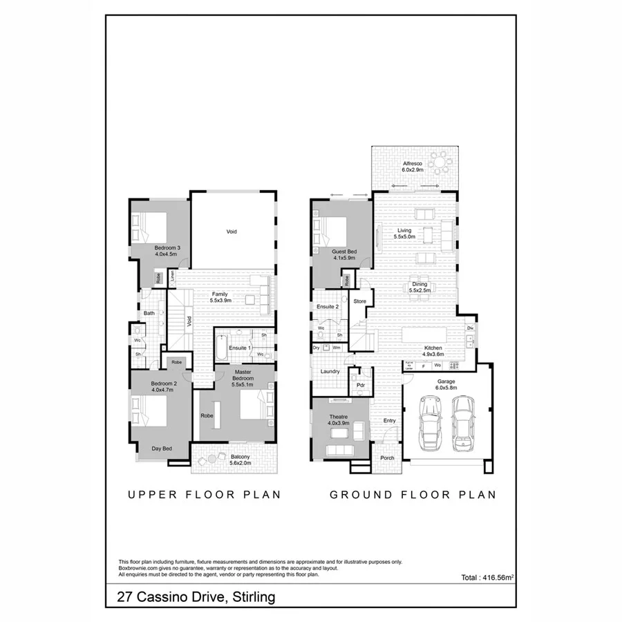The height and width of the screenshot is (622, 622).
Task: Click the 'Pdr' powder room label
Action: point(360,386)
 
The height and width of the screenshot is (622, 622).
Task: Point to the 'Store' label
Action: point(360,301)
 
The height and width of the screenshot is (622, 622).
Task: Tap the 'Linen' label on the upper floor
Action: point(172,276)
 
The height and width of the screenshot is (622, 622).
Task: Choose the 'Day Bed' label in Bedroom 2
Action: point(162,449)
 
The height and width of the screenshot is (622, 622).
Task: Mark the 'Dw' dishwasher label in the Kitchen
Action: point(470,328)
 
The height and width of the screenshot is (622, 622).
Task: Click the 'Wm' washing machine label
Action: point(336,348)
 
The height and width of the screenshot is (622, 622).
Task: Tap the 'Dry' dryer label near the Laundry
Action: point(317,348)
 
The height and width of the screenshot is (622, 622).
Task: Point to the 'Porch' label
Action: point(387,458)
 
